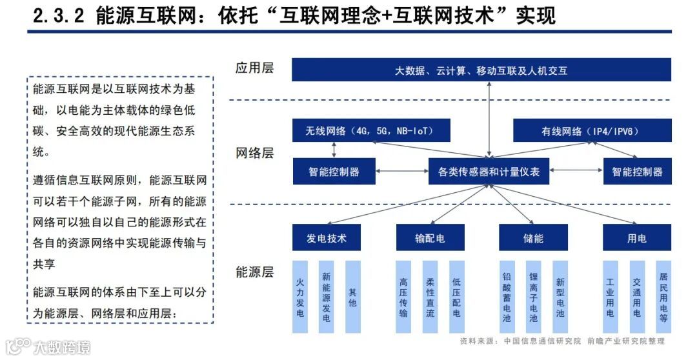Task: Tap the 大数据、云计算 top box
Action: pos(481,70)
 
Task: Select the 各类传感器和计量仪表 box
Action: pos(489,172)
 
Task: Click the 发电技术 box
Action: pos(327,238)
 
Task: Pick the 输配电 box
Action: pos(430,238)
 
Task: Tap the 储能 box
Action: pos(533,238)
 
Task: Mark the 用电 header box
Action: pos(636,238)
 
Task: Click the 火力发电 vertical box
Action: pos(300,297)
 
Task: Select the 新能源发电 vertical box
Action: pos(327,297)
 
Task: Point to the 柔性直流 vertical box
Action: pos(430,297)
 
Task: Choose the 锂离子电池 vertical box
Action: pos(533,297)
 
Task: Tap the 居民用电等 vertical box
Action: pos(663,297)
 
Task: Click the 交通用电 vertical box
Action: pos(637,297)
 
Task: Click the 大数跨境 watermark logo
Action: pos(48,346)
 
